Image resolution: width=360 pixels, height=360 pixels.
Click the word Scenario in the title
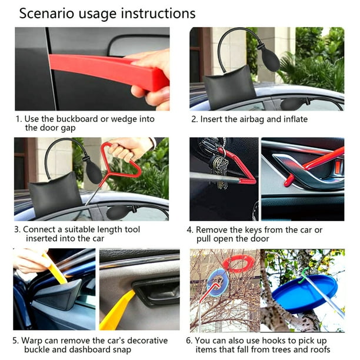click(x=47, y=14)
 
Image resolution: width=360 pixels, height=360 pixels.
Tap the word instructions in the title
click(x=158, y=14)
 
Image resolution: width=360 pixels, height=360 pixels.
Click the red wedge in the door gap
click(x=108, y=69)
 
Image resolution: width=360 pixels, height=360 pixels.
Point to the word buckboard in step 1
click(x=77, y=119)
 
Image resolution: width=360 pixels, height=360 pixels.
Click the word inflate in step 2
click(x=295, y=119)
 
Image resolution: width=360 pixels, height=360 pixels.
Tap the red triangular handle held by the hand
click(x=121, y=161)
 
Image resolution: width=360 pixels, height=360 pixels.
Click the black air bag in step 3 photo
click(x=55, y=194)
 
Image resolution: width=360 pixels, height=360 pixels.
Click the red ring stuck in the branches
click(x=238, y=264)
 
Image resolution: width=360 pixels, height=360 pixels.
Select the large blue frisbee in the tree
click(x=305, y=292)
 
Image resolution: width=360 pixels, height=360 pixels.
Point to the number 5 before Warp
click(x=15, y=341)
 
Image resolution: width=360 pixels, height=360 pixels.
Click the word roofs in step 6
click(x=320, y=349)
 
